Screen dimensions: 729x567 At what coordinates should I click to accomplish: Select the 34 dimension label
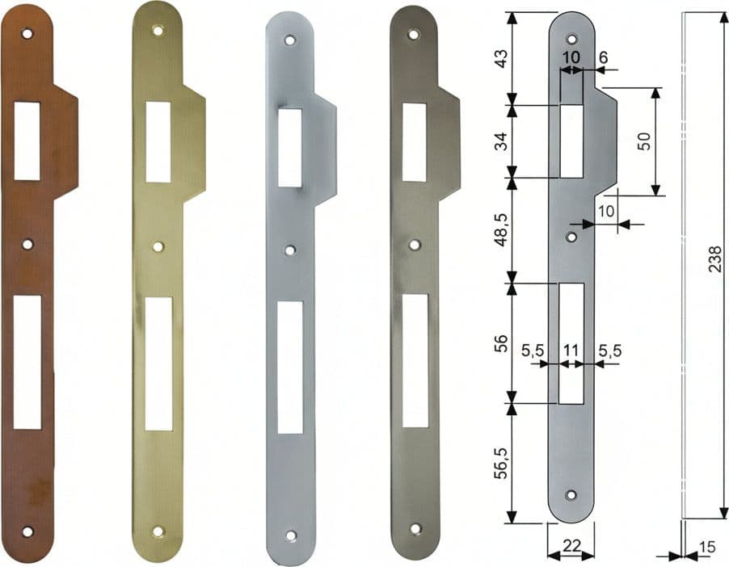(x=502, y=141)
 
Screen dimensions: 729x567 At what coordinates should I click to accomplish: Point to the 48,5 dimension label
(x=502, y=230)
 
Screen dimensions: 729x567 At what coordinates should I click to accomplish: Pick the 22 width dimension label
(x=571, y=545)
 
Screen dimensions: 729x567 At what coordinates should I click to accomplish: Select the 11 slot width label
(x=571, y=350)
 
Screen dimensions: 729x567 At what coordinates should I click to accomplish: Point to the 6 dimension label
(x=603, y=57)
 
